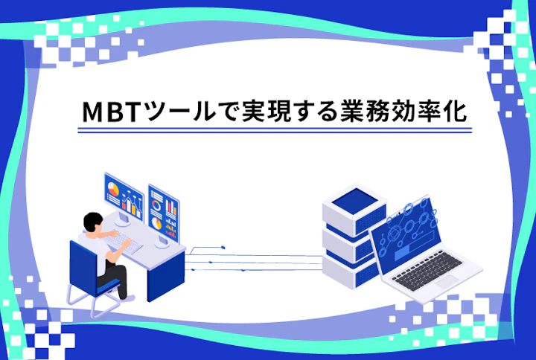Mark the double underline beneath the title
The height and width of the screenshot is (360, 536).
(275, 131)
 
